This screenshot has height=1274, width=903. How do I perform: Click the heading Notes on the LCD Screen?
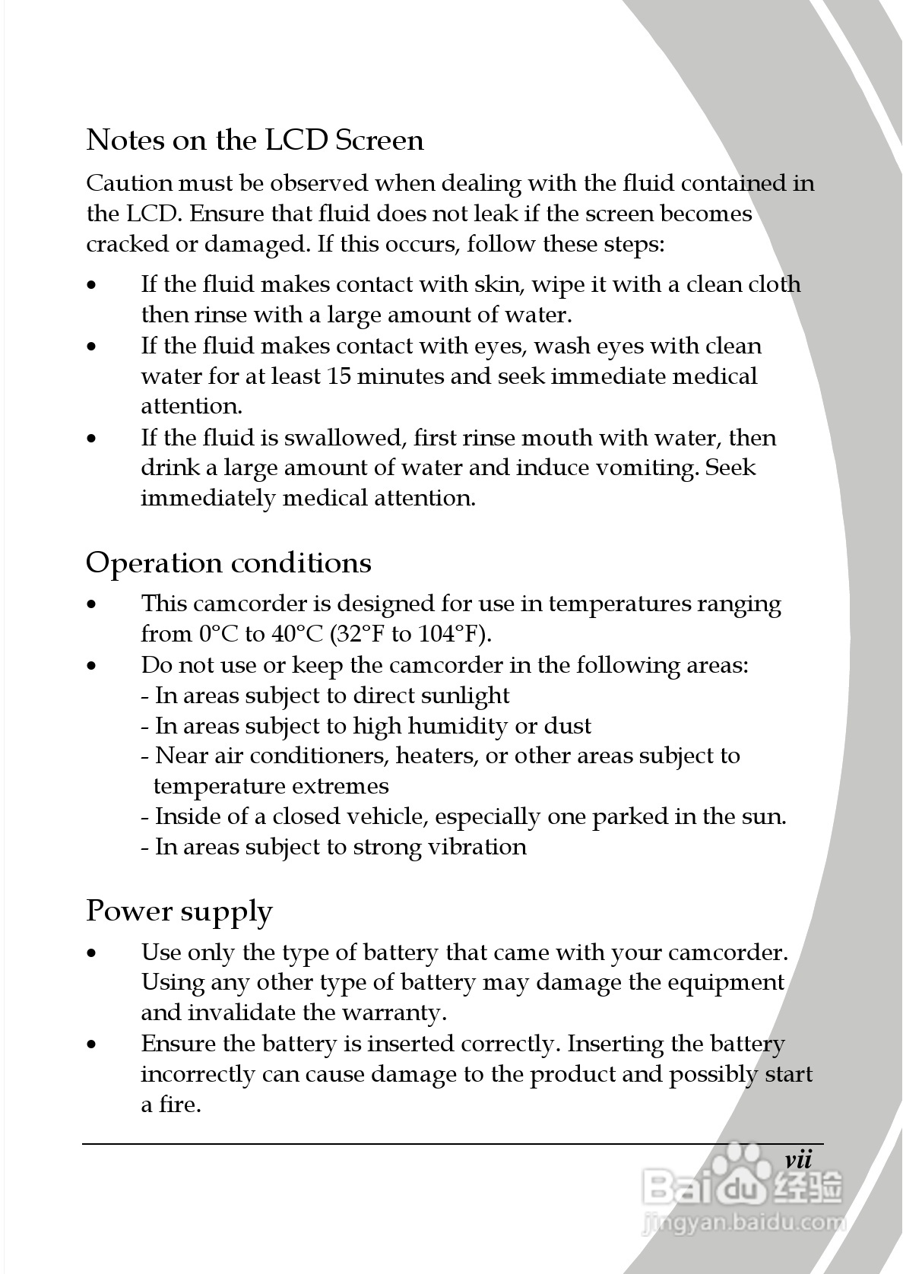pos(255,141)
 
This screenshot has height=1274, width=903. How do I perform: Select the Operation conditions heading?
pos(228,563)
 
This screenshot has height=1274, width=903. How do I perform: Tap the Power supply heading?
pos(179,911)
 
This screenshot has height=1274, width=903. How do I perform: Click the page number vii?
pos(798,1161)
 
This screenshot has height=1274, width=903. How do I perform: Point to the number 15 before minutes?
pos(338,376)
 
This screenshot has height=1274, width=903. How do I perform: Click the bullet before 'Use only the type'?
pos(92,953)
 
